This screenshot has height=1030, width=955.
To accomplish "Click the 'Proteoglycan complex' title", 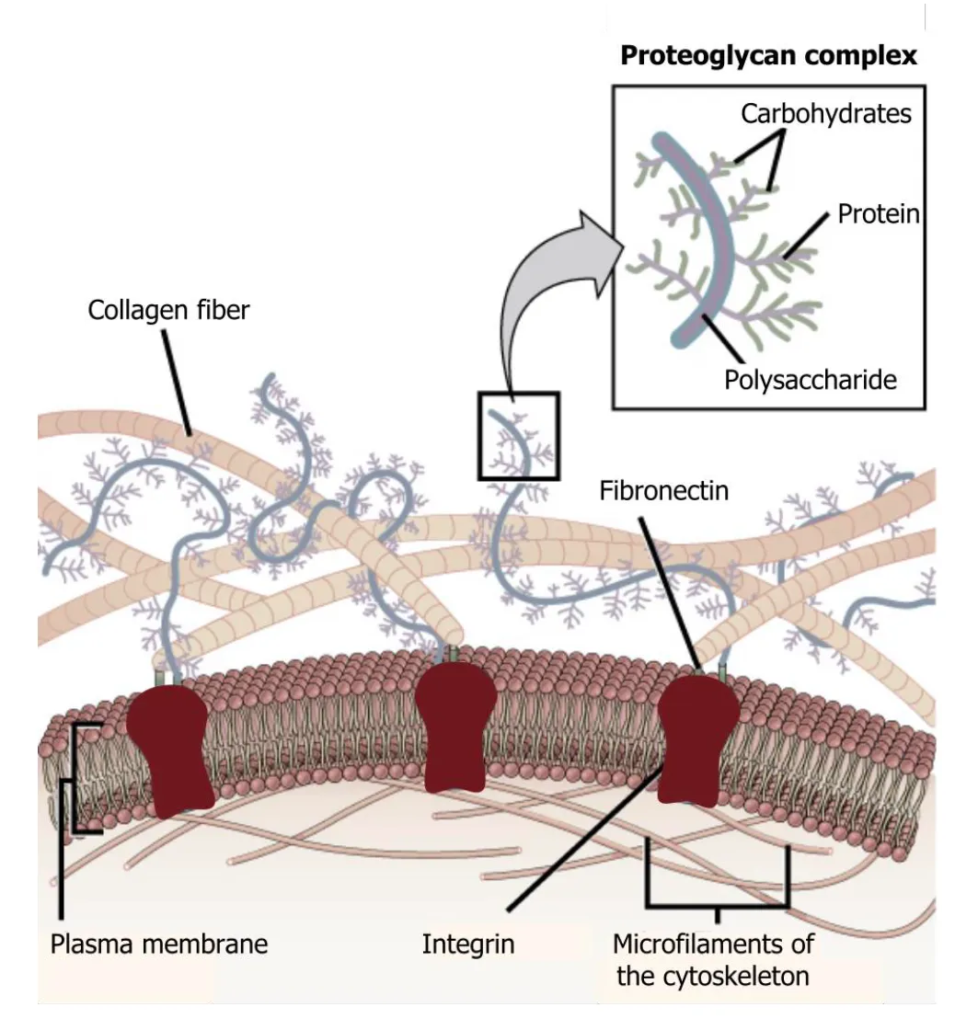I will click(768, 56).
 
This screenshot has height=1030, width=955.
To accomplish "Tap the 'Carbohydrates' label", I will click(826, 114).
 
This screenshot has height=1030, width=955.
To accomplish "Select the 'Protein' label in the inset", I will click(878, 214).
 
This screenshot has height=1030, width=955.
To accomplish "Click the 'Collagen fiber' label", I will click(168, 311).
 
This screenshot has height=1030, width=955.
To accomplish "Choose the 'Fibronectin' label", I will click(663, 490).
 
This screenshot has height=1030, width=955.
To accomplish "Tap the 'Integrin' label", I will click(467, 944).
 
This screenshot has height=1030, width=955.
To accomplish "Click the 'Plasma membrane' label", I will click(158, 944).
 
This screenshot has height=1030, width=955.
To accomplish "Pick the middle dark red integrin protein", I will click(454, 727).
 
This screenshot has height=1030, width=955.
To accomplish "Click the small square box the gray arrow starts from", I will click(518, 435).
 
